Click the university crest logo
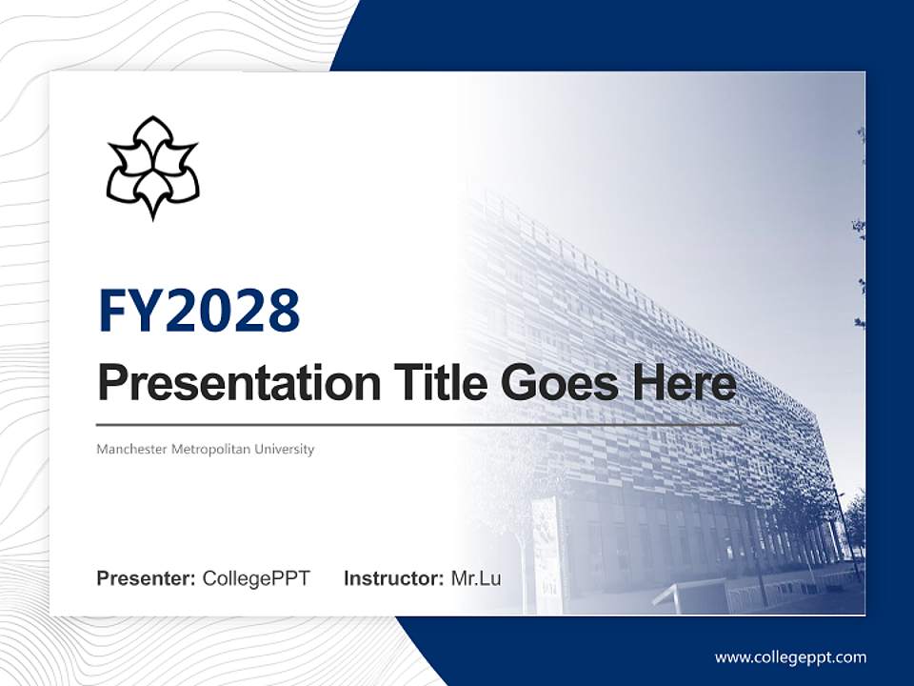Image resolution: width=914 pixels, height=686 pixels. click(x=152, y=168)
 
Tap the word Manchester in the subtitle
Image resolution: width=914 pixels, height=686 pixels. click(x=131, y=449)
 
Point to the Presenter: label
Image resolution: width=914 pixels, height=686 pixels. click(x=147, y=578)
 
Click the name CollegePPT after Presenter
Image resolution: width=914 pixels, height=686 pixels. click(x=256, y=578)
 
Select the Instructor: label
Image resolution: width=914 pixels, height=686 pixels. click(x=393, y=578)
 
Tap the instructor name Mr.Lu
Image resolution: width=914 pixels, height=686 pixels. click(x=476, y=578)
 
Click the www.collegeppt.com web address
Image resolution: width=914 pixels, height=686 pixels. click(x=790, y=657)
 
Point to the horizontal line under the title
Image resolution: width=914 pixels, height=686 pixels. click(x=419, y=425)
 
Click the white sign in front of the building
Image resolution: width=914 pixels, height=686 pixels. click(x=547, y=543)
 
